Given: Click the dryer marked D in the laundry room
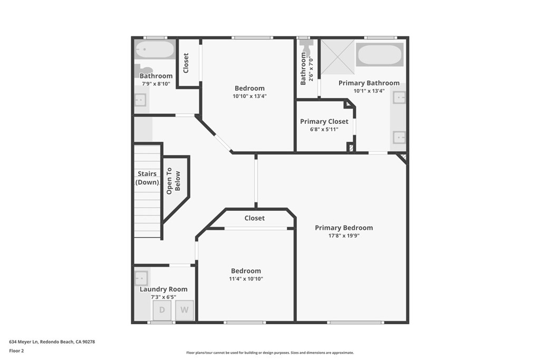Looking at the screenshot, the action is point(162,310).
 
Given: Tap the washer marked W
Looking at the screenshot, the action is point(184,310).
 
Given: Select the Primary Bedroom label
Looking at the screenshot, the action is point(344,228).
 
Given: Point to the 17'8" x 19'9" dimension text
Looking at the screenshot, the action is point(344,236).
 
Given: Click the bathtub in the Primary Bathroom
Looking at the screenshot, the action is point(380,54).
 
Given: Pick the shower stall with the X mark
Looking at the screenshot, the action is point(337,57).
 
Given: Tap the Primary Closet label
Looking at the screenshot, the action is point(324,121).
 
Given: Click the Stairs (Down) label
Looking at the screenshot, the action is point(147,178).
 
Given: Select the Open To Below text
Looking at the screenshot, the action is point(173,181).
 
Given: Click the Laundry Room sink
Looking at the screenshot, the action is point(141,278).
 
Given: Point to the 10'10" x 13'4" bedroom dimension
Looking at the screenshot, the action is point(249,96).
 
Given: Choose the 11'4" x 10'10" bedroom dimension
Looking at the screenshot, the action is point(246,279).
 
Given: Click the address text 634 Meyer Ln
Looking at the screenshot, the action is point(23,342).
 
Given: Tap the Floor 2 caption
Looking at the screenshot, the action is point(16,351).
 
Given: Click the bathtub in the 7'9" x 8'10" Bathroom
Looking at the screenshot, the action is point(155,50).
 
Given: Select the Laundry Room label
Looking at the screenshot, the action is point(163,289).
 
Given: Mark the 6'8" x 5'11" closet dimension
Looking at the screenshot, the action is point(324,130).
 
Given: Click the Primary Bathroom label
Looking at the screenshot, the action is point(369,83).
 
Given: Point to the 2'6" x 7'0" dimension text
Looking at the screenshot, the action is point(311,69).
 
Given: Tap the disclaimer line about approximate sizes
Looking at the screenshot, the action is point(270,353).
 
